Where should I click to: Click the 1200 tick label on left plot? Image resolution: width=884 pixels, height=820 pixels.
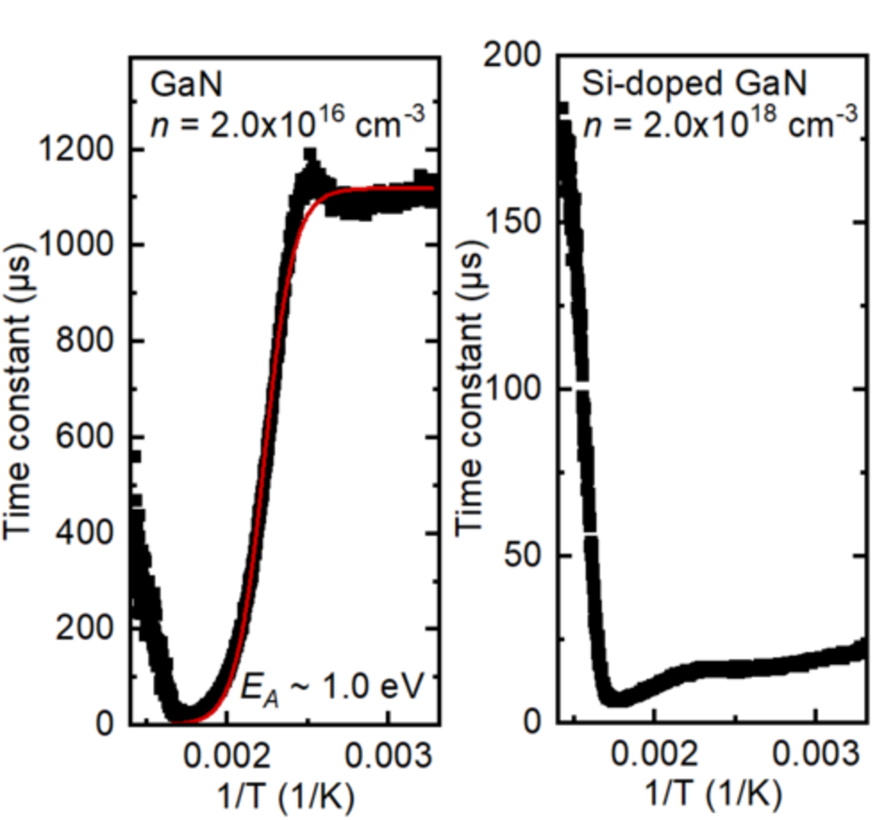[x=85, y=150]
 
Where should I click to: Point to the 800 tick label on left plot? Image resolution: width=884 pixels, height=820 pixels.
[x=92, y=341]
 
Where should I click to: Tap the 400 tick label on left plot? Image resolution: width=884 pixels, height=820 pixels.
[x=92, y=533]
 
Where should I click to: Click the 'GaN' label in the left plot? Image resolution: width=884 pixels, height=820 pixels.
[x=178, y=85]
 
